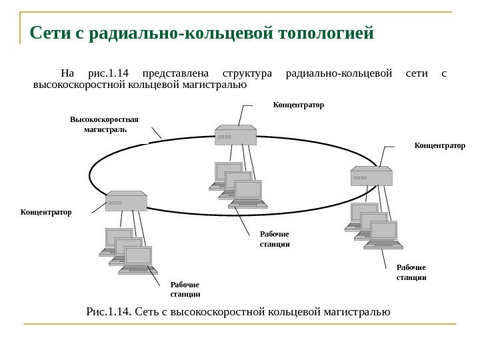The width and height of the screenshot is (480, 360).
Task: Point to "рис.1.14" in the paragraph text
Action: pyautogui.click(x=111, y=73)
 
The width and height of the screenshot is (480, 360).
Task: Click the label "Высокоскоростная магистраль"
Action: pyautogui.click(x=104, y=125)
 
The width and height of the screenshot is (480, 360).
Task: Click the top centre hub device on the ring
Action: pyautogui.click(x=236, y=135)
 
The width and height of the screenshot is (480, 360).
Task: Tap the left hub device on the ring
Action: pyautogui.click(x=126, y=201)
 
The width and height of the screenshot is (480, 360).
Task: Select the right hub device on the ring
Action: pyautogui.click(x=371, y=176)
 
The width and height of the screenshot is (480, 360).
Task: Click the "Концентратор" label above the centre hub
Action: pyautogui.click(x=298, y=105)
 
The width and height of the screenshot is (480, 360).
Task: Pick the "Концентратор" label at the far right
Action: pyautogui.click(x=440, y=144)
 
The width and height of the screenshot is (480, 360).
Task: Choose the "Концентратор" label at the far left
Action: pyautogui.click(x=45, y=212)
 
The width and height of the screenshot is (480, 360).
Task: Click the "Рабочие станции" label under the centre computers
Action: pyautogui.click(x=274, y=239)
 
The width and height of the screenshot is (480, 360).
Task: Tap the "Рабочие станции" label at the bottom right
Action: pyautogui.click(x=411, y=272)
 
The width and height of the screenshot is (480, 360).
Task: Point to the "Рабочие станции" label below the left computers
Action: pyautogui.click(x=185, y=289)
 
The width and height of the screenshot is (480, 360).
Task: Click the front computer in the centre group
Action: pyautogui.click(x=248, y=194)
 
